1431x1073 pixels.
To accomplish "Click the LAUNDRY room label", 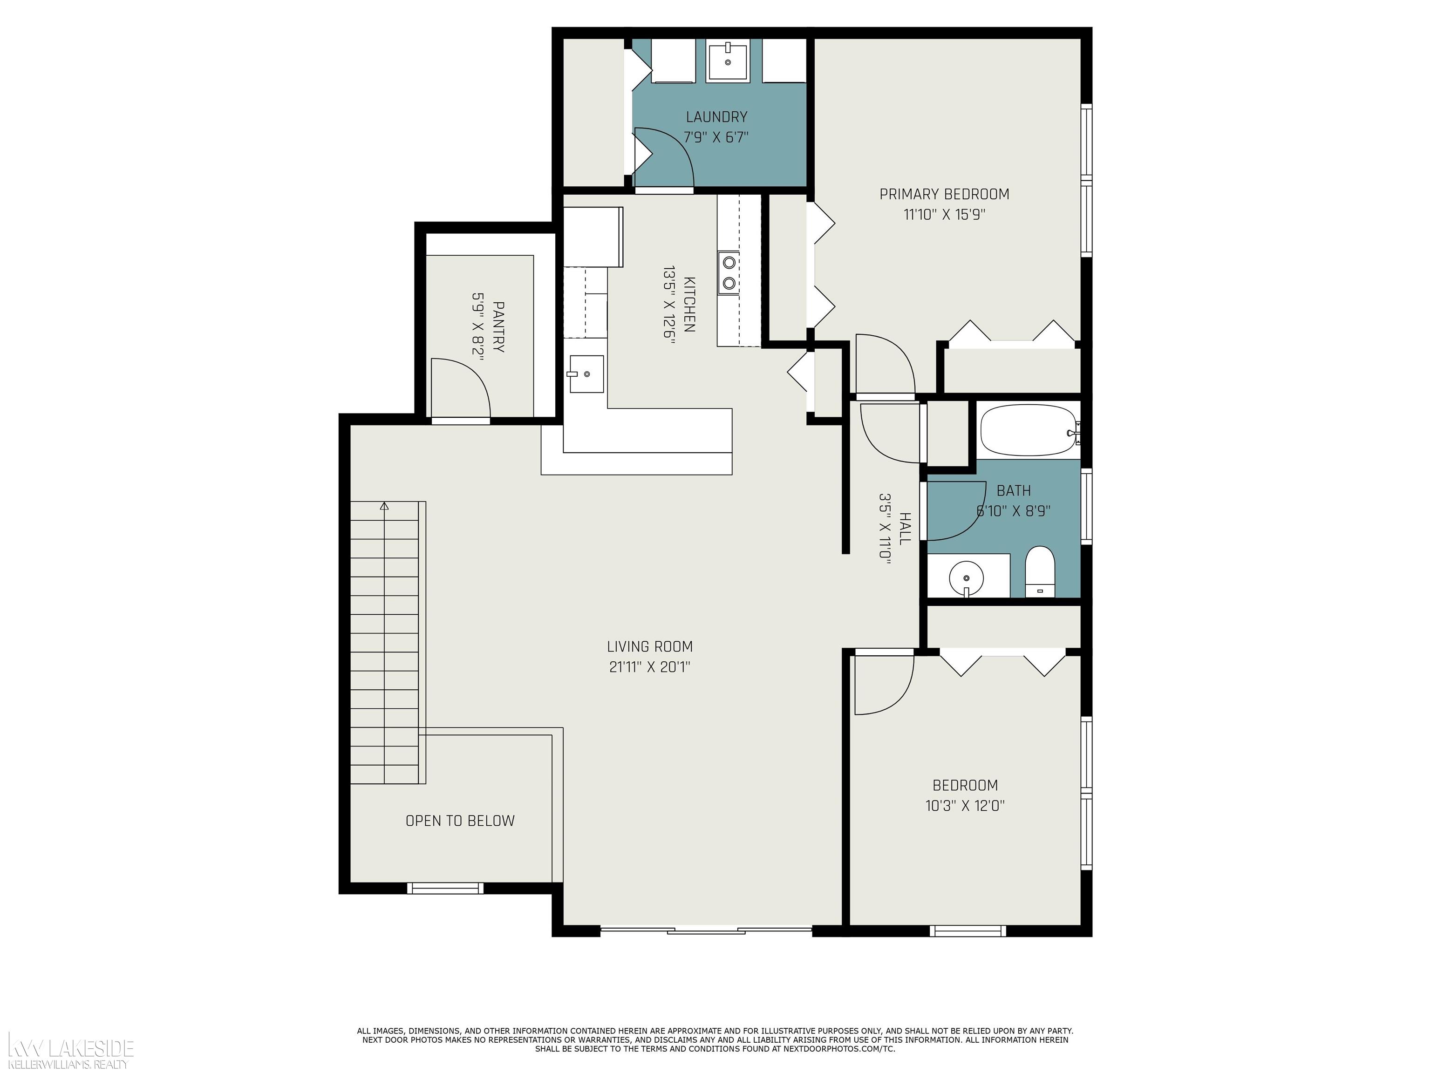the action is [716, 117].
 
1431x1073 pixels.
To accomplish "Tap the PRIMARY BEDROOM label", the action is [944, 194].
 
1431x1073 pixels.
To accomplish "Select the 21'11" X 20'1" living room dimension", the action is [649, 667].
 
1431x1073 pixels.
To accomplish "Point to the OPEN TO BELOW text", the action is [460, 821].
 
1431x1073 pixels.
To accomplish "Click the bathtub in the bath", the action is [1029, 431].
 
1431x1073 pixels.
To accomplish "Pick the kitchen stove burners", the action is [729, 272].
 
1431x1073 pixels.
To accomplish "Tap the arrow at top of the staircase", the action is [385, 506].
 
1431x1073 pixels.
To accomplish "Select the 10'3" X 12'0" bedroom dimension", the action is [965, 806].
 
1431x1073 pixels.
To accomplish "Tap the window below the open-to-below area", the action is [445, 888].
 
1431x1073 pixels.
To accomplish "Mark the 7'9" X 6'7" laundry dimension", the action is [716, 137].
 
